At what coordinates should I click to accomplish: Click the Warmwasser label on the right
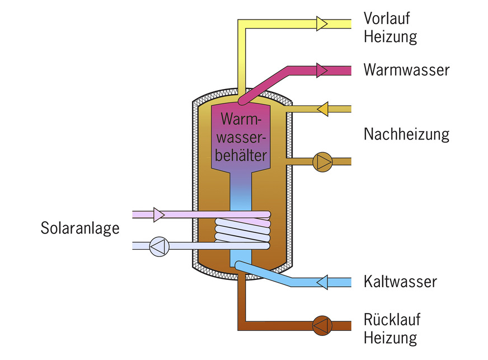[406, 70]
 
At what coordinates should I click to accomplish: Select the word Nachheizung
[406, 135]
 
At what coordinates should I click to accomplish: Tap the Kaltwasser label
[400, 281]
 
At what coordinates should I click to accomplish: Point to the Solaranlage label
[80, 228]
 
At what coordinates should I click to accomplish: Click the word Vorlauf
[387, 18]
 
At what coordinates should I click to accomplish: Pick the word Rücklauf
[392, 320]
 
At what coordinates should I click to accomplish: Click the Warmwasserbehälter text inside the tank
[242, 137]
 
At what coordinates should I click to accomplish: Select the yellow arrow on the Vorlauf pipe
[322, 23]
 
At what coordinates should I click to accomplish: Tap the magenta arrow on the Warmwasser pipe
[322, 70]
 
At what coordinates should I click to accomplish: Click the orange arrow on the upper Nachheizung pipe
[322, 109]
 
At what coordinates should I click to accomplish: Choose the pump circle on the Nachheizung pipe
[323, 162]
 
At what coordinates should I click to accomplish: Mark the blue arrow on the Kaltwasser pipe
[322, 282]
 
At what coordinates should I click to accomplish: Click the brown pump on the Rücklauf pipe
[322, 325]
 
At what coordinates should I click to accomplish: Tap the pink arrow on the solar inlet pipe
[158, 214]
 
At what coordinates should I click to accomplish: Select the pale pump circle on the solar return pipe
[158, 246]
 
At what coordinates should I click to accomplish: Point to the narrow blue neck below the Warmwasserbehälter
[242, 190]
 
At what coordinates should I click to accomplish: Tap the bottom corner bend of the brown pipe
[242, 325]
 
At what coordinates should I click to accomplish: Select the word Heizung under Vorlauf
[390, 38]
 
